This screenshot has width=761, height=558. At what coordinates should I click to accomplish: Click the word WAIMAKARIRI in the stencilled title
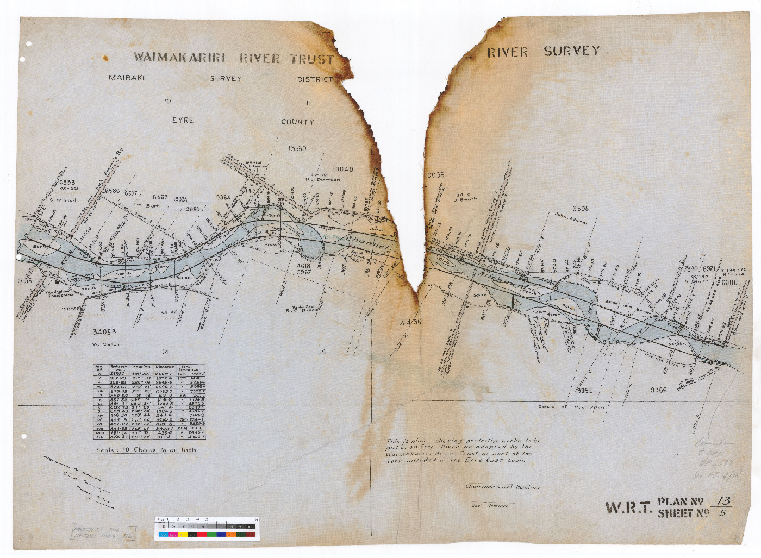tap(179, 58)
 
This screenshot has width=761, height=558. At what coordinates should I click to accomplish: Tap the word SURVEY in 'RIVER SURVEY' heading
tap(572, 51)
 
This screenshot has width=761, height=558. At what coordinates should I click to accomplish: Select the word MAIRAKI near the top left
tap(127, 78)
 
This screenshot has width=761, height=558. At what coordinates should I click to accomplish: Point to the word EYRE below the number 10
tap(183, 120)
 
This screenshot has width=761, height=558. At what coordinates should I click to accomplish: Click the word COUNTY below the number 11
tap(297, 122)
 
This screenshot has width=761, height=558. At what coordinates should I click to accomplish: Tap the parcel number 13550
tap(297, 148)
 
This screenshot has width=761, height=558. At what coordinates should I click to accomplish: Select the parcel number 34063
tap(104, 332)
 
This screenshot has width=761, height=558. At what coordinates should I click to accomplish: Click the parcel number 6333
tap(67, 183)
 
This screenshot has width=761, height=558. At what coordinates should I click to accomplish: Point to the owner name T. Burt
tap(147, 206)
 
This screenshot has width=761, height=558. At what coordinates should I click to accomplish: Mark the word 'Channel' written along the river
tap(367, 243)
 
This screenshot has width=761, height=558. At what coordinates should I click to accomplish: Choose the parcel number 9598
tap(581, 209)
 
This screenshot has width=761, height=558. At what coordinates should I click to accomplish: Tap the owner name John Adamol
tap(571, 218)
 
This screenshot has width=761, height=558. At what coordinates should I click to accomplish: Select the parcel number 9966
tap(658, 390)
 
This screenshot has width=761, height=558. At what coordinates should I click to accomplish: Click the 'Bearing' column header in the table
tap(141, 367)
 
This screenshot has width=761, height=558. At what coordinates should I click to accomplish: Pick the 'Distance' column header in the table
tap(165, 367)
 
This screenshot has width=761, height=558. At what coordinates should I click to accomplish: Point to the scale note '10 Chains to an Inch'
tap(146, 450)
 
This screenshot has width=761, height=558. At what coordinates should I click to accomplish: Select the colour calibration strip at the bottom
tap(207, 528)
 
